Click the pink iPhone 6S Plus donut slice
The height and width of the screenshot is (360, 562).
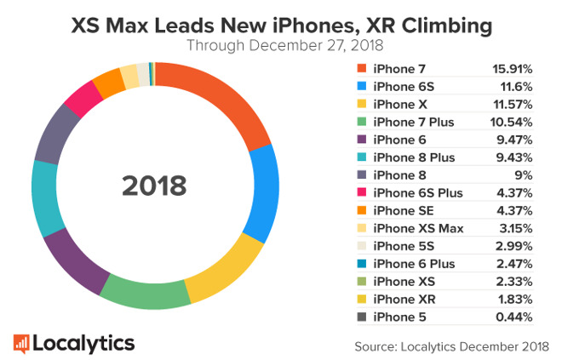pyautogui.click(x=83, y=99)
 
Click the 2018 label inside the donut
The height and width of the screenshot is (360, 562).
pyautogui.click(x=154, y=186)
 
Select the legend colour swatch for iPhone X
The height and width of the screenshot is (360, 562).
pyautogui.click(x=360, y=104)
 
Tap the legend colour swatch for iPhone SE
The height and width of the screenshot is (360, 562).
pyautogui.click(x=360, y=210)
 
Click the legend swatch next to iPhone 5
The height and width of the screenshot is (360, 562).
pyautogui.click(x=360, y=317)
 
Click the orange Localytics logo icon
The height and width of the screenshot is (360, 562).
pyautogui.click(x=23, y=342)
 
